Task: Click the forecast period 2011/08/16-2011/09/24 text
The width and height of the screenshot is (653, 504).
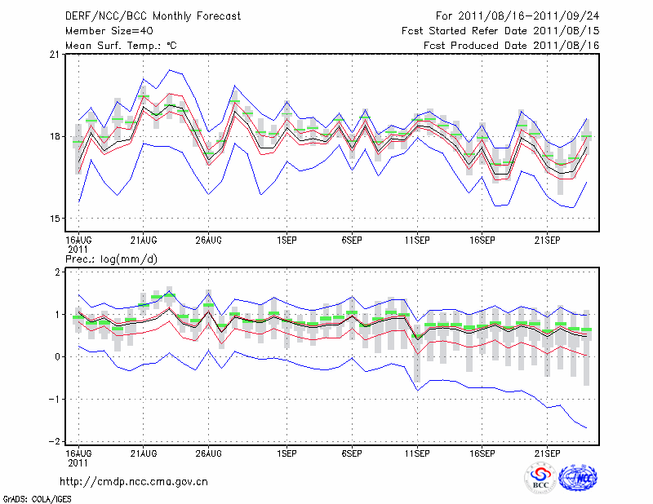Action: pyautogui.click(x=518, y=16)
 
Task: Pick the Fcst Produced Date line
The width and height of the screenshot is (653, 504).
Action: pyautogui.click(x=512, y=46)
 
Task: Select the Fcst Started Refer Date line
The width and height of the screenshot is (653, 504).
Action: pyautogui.click(x=501, y=31)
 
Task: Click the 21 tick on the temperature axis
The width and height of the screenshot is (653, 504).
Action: pyautogui.click(x=54, y=55)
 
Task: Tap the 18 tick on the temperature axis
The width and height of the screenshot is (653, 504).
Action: pyautogui.click(x=54, y=136)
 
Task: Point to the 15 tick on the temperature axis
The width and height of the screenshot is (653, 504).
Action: pyautogui.click(x=54, y=219)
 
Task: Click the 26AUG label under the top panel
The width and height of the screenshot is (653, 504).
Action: pyautogui.click(x=209, y=240)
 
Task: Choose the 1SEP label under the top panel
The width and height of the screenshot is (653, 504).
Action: pyautogui.click(x=287, y=240)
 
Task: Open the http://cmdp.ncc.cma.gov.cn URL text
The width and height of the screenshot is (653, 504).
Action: pyautogui.click(x=135, y=482)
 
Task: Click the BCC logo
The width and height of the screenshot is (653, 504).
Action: pyautogui.click(x=540, y=478)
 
